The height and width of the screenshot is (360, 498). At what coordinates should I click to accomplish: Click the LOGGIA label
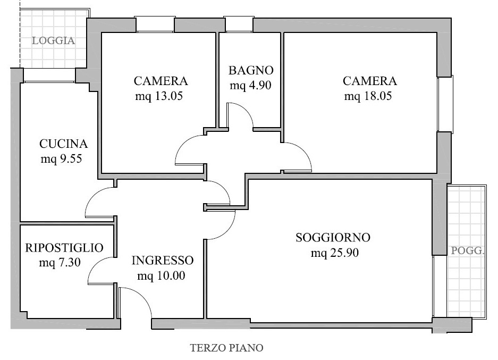pyautogui.click(x=53, y=40)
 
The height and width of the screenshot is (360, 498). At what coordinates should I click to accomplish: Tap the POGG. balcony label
pyautogui.click(x=468, y=250)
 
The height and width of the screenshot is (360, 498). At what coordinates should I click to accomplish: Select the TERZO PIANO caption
pyautogui.click(x=227, y=348)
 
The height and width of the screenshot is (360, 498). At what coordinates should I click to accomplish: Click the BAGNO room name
pyautogui.click(x=251, y=70)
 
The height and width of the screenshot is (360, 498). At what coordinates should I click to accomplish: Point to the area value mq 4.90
pyautogui.click(x=250, y=86)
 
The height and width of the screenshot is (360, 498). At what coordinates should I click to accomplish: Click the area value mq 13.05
pyautogui.click(x=159, y=96)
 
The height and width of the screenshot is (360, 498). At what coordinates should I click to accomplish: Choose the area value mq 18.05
pyautogui.click(x=368, y=96)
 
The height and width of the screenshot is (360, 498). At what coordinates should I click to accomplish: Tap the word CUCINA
pyautogui.click(x=64, y=144)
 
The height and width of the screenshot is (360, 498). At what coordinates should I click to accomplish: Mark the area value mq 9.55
pyautogui.click(x=61, y=159)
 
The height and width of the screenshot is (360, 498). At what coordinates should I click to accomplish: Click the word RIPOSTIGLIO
pyautogui.click(x=64, y=248)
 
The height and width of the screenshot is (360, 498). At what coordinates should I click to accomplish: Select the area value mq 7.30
pyautogui.click(x=60, y=263)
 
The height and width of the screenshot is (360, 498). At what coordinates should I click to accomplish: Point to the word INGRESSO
pyautogui.click(x=163, y=261)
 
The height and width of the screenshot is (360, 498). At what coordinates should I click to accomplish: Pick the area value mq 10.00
pyautogui.click(x=161, y=276)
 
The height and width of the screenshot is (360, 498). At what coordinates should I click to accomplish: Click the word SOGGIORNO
pyautogui.click(x=333, y=238)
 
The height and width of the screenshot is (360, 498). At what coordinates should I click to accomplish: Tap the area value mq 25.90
pyautogui.click(x=335, y=253)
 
